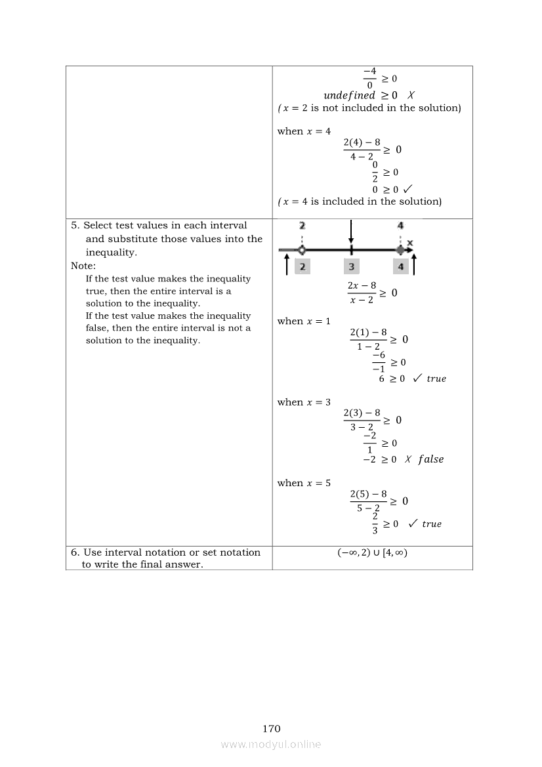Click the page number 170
[271, 728]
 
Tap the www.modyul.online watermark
[271, 744]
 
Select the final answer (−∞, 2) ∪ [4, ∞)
[372, 552]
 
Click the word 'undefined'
[349, 95]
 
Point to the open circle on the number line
[302, 250]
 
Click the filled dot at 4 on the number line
[400, 250]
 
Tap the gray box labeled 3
[352, 266]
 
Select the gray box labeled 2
[302, 266]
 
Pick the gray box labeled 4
[401, 266]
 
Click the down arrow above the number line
[352, 232]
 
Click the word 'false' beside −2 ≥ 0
[431, 459]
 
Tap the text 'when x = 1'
[304, 321]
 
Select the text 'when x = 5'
[304, 483]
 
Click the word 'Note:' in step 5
[83, 266]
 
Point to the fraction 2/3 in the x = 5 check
[375, 524]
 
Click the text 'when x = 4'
[304, 131]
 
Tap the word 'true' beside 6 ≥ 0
[436, 379]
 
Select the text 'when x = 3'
[304, 402]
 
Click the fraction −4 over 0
[370, 78]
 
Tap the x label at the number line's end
[410, 243]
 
